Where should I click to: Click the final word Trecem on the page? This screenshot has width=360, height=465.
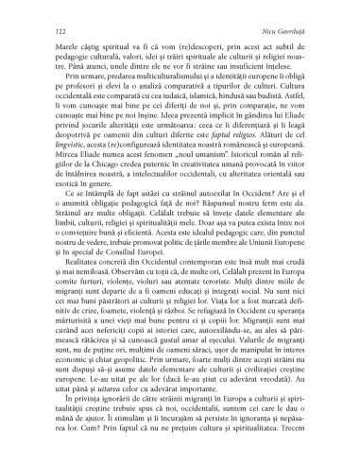pyautogui.click(x=299, y=454)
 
